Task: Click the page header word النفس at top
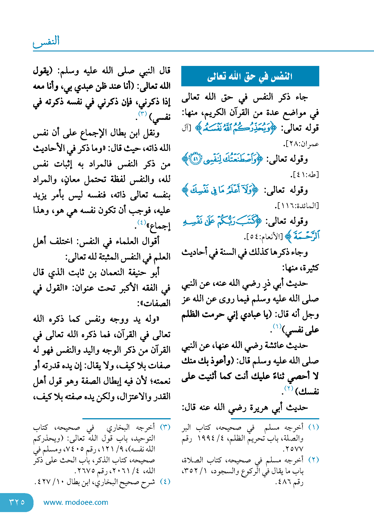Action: tap(47, 41)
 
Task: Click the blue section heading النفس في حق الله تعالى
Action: tap(250, 76)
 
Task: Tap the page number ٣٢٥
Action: tap(17, 502)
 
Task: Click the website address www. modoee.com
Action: tap(76, 502)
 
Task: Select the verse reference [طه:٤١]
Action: tap(304, 175)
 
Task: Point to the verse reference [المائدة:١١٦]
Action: tap(297, 206)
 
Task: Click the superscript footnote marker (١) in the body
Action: tap(277, 326)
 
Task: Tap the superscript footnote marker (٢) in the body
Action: tap(289, 388)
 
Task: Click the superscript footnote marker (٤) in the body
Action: tap(142, 223)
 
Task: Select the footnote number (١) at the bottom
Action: tap(313, 427)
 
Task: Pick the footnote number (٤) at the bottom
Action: tap(165, 481)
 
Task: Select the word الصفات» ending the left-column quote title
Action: tap(154, 303)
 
